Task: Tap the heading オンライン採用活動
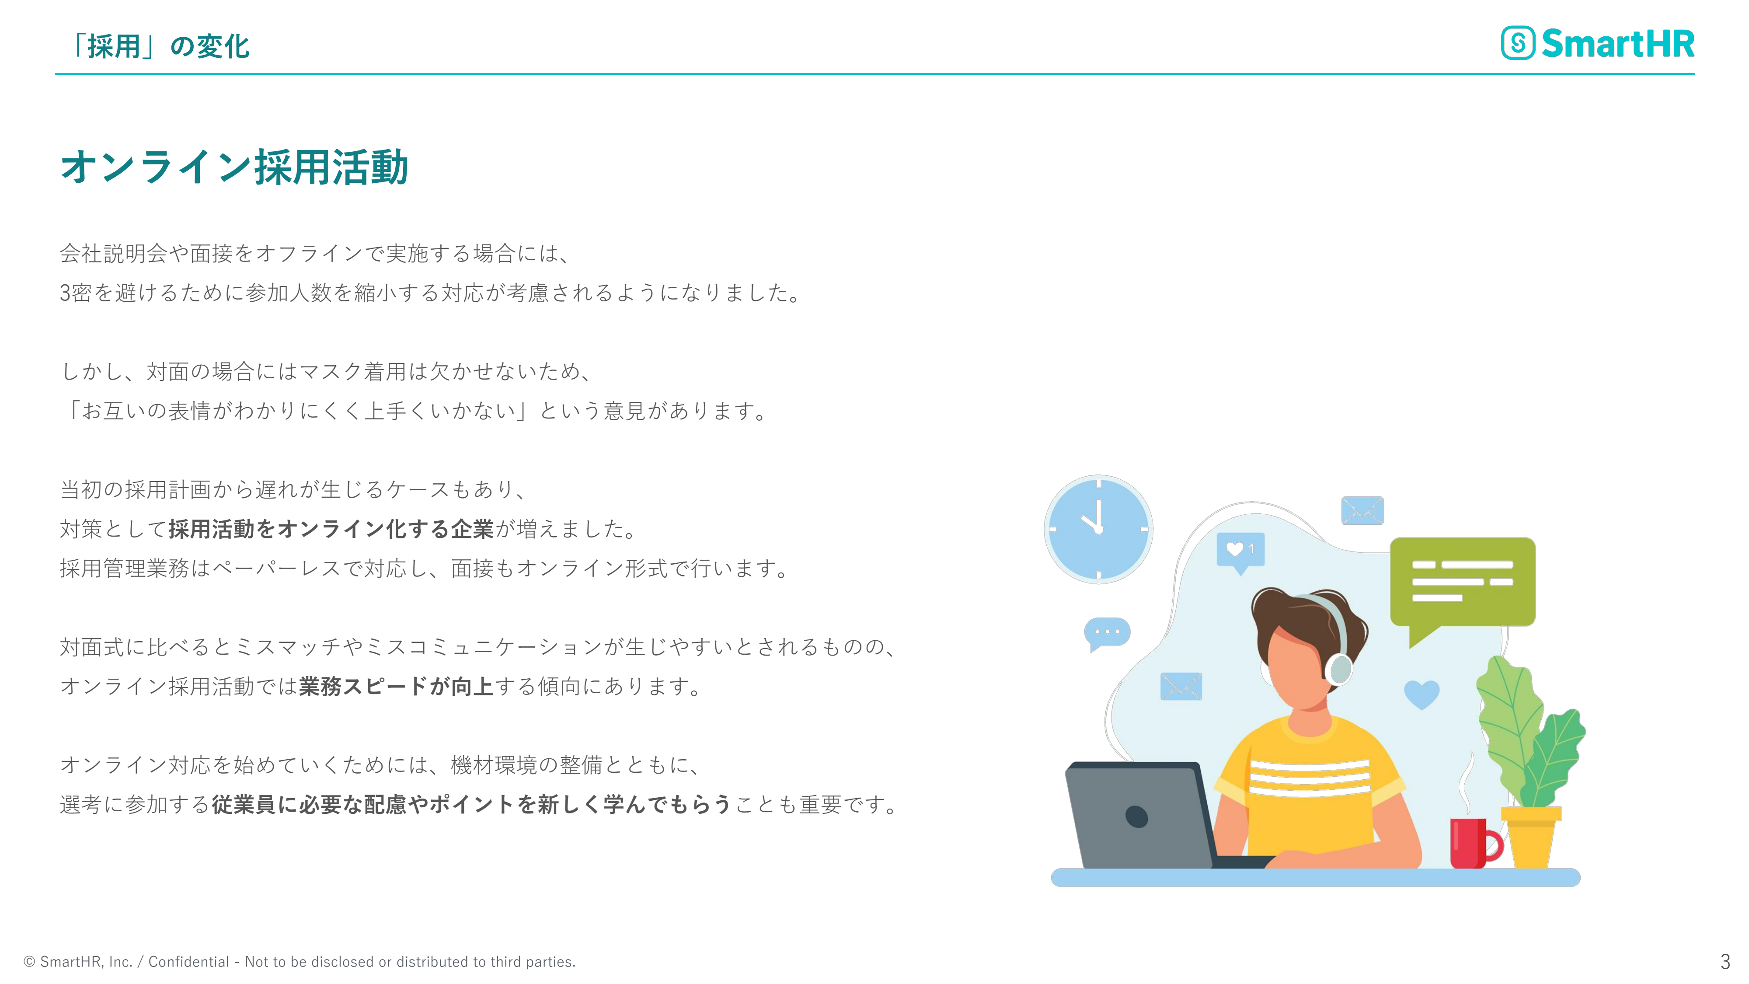click(234, 167)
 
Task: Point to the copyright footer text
click(300, 962)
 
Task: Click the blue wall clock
click(1098, 529)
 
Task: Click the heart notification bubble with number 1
click(1240, 552)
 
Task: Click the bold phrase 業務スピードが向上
click(396, 687)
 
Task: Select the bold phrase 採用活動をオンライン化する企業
click(331, 529)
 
